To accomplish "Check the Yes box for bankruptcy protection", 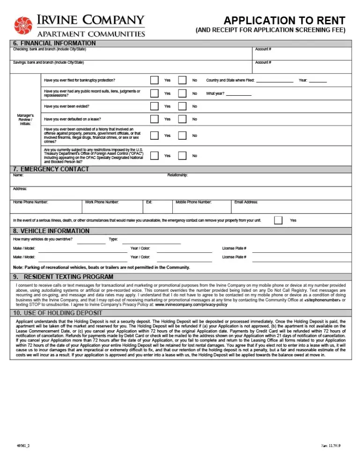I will coord(154,80).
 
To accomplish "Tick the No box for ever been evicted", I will coord(182,106).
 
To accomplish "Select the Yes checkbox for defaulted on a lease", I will coord(154,119).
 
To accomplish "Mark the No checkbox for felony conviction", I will coord(182,136).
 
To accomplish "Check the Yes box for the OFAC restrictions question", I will coord(154,156).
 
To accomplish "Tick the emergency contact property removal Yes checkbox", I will coord(278,220).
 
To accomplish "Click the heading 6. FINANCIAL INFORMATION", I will coord(54,44).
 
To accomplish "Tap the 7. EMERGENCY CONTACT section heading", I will coord(51,169).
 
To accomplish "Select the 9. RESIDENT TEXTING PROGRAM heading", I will coord(63,277).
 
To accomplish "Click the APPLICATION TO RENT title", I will coord(284,21).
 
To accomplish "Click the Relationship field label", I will coord(178,175).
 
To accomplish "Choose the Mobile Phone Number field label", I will coord(193,202).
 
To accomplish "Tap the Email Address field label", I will coord(246,202).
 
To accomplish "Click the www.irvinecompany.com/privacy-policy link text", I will coord(191,304).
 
